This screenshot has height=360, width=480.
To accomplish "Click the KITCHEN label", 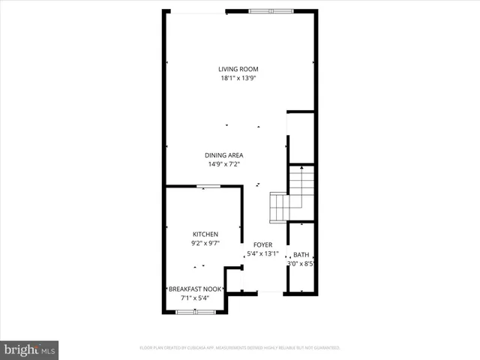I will (x=205, y=235).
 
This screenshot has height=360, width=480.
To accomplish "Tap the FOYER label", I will (x=262, y=244).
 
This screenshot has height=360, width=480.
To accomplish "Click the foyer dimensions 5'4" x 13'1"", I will (x=262, y=253).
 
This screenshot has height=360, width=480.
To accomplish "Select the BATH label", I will (x=301, y=255).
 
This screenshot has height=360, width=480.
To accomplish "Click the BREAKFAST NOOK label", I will (x=194, y=289).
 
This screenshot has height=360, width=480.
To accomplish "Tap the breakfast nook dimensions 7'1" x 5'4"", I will (x=194, y=298).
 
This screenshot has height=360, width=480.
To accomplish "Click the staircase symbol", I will (x=293, y=193).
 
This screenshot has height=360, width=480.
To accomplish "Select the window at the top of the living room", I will (x=271, y=11).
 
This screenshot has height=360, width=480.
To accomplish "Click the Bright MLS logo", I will (x=30, y=349).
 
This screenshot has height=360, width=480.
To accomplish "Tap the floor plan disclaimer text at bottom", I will (x=240, y=348).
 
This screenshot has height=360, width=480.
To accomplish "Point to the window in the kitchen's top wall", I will (x=203, y=187).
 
